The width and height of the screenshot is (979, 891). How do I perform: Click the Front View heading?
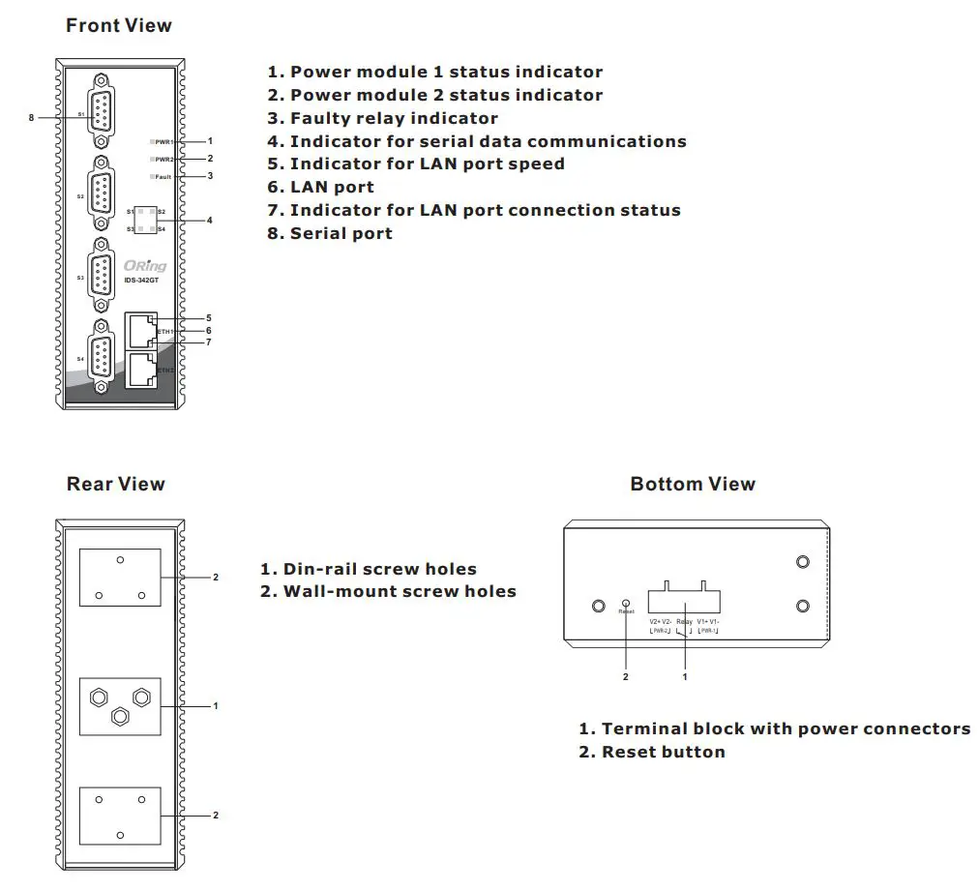pos(118,26)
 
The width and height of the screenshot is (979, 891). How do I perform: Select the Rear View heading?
pos(115,484)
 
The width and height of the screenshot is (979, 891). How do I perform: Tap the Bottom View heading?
pos(693,484)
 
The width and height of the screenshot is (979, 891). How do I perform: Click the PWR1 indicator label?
pos(163,142)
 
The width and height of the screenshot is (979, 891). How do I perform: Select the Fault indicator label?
pos(163,177)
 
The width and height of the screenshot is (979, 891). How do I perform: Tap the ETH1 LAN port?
pos(141,330)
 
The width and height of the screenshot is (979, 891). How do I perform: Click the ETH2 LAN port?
pos(141,370)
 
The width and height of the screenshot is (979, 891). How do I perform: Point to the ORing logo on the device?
pos(145,266)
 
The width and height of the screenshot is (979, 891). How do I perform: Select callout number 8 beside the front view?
pos(31,117)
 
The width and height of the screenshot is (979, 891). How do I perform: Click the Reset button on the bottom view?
pos(626,603)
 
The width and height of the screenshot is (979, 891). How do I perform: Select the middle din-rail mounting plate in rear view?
pos(120,706)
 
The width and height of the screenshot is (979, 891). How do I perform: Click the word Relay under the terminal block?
pos(684,621)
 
